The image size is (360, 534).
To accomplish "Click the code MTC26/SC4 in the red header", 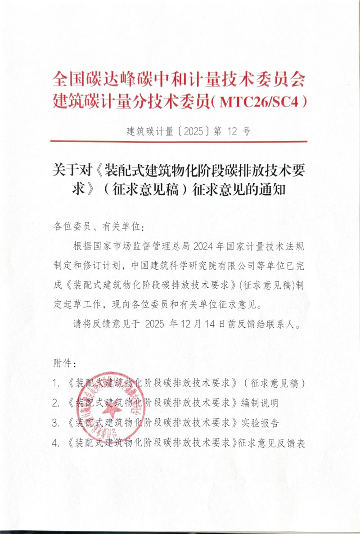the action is [260, 101].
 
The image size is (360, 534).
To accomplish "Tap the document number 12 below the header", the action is [231, 131].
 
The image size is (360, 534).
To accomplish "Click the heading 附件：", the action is [62, 363].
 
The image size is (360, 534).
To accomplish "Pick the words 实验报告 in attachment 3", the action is [261, 423].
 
